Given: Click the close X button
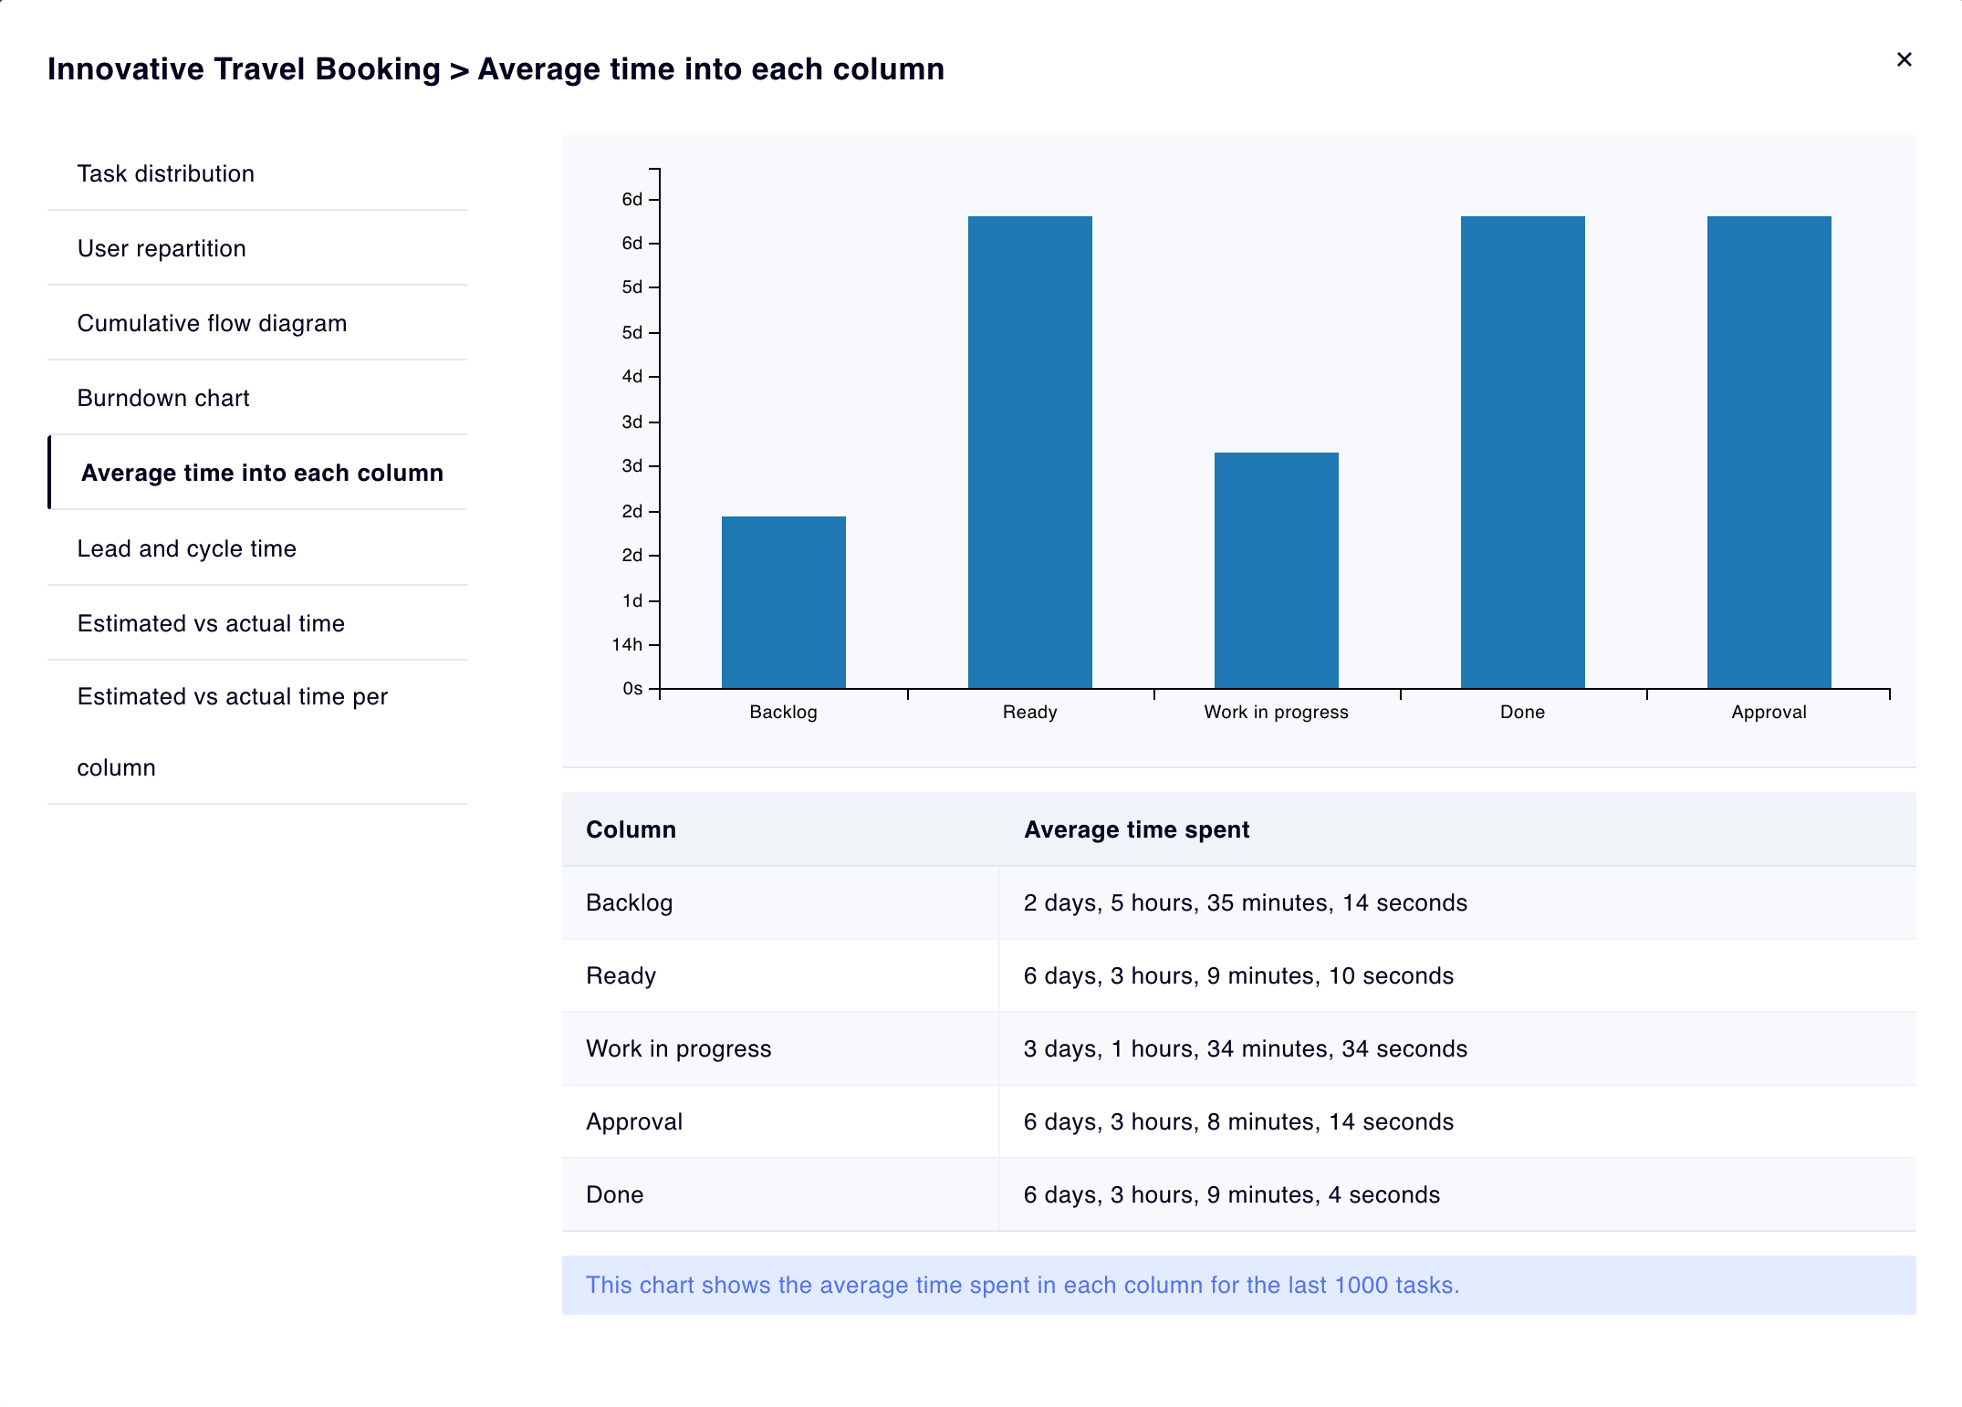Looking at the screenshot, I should coord(1904,60).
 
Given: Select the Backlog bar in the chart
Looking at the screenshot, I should coord(783,602).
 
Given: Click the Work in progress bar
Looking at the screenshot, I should coord(1276,570).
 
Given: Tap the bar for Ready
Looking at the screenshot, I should coord(1029,452).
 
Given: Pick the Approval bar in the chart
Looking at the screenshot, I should coord(1769,452).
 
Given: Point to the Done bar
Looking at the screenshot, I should coord(1522,452).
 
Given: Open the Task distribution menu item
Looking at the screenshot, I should coord(165,173).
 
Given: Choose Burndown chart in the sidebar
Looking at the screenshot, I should coord(162,398).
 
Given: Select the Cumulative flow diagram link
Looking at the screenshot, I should coord(212,323).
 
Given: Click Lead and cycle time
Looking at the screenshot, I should coord(186,548).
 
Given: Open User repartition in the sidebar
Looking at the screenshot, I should coord(162,248).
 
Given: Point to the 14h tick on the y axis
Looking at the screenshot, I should coord(627,645).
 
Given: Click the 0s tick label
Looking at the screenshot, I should coord(632,689).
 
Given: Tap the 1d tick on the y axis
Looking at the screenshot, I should coord(632,601).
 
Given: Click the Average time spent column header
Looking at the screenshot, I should coord(1136,829).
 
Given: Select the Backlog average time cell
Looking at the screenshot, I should coord(1245,902).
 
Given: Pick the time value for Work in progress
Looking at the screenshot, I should coord(1245,1048).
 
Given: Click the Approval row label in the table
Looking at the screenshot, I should coord(634,1121).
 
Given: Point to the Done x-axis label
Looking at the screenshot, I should coord(1522,712).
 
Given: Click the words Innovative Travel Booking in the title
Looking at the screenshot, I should coord(244,69).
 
